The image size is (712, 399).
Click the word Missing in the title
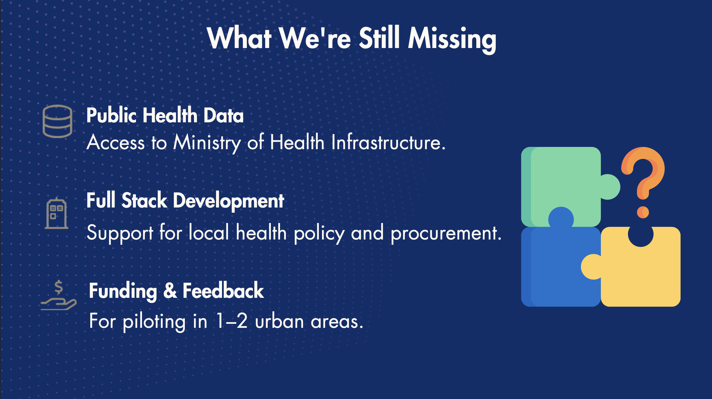[452, 39]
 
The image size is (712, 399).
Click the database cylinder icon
[57, 121]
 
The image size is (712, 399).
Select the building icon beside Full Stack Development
[57, 213]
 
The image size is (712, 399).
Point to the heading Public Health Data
[165, 115]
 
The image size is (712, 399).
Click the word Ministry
[207, 143]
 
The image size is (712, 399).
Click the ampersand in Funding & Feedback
[170, 290]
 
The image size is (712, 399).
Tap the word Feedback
[223, 290]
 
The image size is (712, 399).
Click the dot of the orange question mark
[643, 212]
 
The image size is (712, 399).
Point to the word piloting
[154, 322]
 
